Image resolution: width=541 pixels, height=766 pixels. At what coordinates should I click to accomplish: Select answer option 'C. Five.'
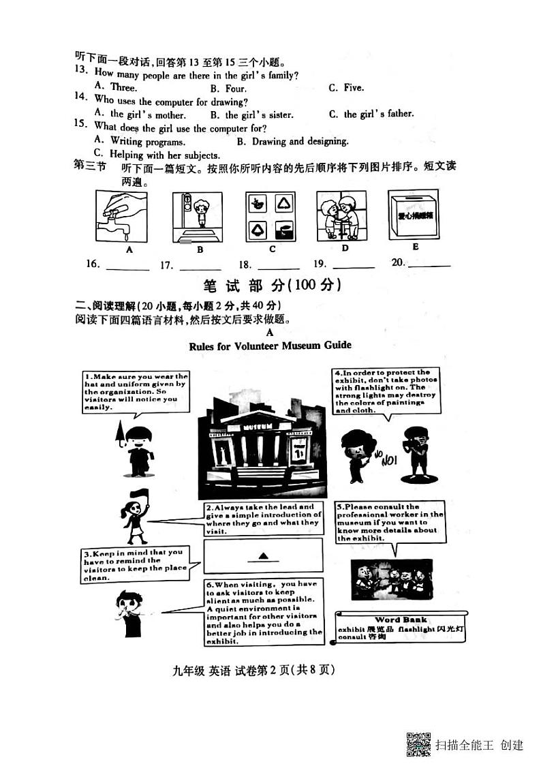(x=346, y=88)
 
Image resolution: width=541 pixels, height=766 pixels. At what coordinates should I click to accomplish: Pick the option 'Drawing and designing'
(x=293, y=142)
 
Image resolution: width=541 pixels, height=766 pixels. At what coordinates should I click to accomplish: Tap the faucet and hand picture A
(x=122, y=216)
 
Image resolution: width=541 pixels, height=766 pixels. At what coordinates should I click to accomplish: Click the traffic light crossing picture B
(x=197, y=217)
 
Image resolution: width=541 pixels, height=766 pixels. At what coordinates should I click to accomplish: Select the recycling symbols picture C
(x=271, y=217)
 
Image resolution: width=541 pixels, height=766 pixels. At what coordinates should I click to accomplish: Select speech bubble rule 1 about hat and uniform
(x=136, y=392)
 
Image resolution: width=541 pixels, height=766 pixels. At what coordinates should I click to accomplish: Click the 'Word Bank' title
(x=401, y=619)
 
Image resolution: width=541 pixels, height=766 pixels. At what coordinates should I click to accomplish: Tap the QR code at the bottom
(x=418, y=744)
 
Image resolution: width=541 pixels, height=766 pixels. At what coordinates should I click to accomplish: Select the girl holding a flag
(x=135, y=517)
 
